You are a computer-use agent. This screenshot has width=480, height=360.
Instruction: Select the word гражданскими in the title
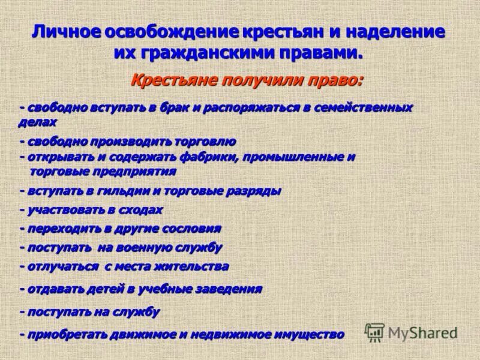(x=203, y=53)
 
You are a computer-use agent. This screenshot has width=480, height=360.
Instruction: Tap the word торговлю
(x=205, y=142)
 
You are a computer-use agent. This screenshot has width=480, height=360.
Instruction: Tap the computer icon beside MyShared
(x=375, y=332)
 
